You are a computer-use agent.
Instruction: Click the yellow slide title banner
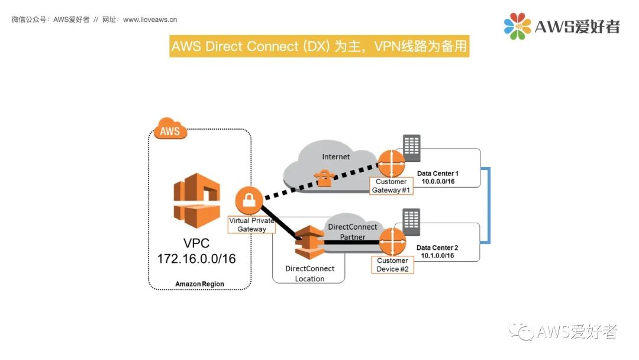coord(319,46)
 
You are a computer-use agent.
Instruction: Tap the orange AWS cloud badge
coord(170,130)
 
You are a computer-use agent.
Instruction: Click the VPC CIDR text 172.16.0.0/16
coord(196,259)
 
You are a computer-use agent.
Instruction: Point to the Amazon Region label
coord(199,284)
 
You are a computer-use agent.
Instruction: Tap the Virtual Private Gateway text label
coord(252,224)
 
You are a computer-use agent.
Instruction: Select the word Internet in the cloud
coord(335,157)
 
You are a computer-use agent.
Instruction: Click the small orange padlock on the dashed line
coord(324,178)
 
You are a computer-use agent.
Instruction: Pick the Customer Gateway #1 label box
coord(391,186)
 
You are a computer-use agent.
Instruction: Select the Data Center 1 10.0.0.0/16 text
coord(438,177)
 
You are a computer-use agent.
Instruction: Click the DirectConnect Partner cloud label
coord(353,232)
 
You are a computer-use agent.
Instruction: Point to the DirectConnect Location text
coord(309,274)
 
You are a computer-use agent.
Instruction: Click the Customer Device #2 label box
coord(392,265)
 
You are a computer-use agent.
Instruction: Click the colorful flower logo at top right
coord(517,27)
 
